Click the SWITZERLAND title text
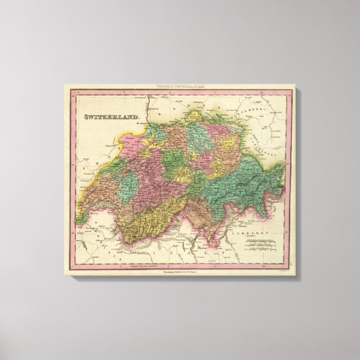(x=112, y=118)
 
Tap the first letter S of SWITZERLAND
(x=86, y=118)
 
